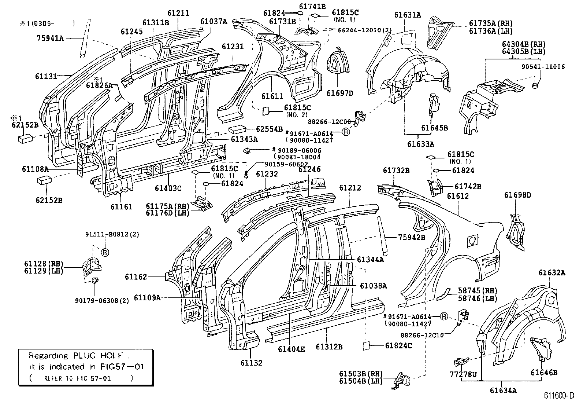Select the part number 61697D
[340, 93]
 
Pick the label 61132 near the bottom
[251, 363]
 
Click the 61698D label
[517, 195]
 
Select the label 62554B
[269, 129]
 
